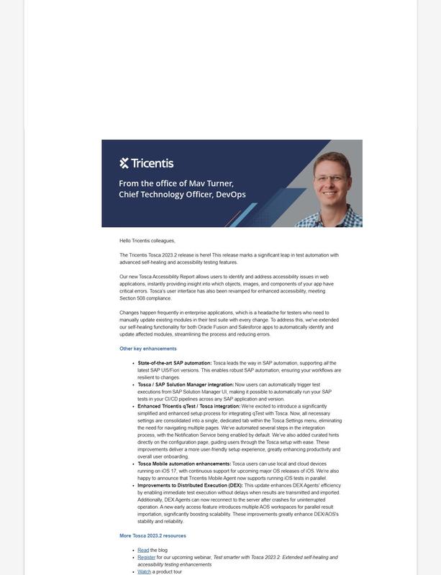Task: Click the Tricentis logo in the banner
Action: point(146,163)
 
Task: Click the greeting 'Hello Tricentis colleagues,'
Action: point(147,241)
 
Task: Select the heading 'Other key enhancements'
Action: point(147,349)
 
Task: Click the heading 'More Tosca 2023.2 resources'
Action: point(153,535)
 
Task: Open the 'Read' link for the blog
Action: point(143,550)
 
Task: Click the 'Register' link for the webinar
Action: point(146,557)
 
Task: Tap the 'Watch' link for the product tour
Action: point(145,571)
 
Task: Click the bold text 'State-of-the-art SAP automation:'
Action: point(175,363)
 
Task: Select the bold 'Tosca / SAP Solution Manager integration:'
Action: point(186,385)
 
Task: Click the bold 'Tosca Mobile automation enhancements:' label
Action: point(184,464)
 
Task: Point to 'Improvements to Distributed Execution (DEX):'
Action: point(190,485)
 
